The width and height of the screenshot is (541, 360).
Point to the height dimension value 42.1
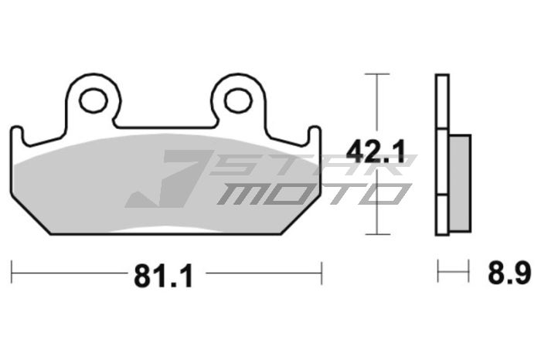pos(376,152)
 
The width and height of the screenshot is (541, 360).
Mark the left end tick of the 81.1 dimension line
pos(12,272)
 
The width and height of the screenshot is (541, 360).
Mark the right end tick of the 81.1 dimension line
pos(321,272)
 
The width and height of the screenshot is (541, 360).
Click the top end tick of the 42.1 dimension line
pos(376,74)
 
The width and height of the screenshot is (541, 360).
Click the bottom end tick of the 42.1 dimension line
pos(376,234)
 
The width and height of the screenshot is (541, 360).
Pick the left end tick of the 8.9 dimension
pos(438,272)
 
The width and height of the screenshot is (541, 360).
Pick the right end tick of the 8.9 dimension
pos(469,272)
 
